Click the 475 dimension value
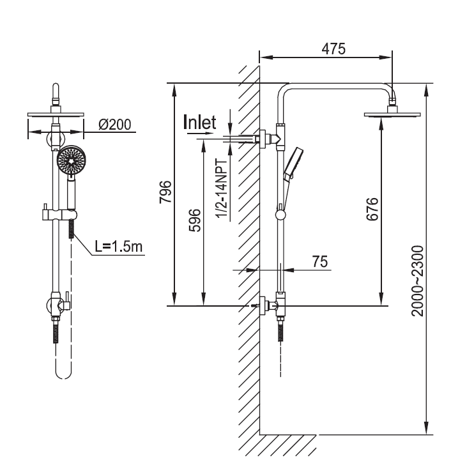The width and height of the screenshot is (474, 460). pyautogui.click(x=333, y=49)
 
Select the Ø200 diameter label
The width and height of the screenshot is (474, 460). pyautogui.click(x=116, y=125)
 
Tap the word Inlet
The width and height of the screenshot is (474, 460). pyautogui.click(x=200, y=123)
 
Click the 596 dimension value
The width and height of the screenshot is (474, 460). pyautogui.click(x=195, y=220)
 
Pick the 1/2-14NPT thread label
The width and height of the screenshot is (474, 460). pyautogui.click(x=224, y=189)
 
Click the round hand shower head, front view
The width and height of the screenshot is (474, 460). pyautogui.click(x=70, y=160)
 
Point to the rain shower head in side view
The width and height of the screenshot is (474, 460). pyautogui.click(x=393, y=115)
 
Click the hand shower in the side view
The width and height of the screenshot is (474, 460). pyautogui.click(x=294, y=162)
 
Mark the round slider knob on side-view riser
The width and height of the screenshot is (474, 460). pyautogui.click(x=280, y=215)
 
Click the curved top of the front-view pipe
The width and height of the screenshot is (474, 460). pyautogui.click(x=56, y=89)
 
